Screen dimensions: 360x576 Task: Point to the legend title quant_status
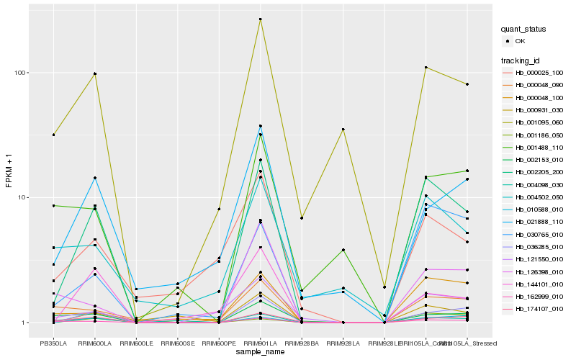(524, 29)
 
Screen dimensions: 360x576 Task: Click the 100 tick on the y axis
(19, 73)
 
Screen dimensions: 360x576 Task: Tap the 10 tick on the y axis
(22, 197)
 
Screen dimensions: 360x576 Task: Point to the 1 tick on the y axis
(24, 323)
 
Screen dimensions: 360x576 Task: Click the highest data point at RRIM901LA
(260, 19)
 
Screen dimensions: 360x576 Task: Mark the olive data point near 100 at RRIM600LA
(95, 73)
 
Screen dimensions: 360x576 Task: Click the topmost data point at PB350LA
(53, 135)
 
